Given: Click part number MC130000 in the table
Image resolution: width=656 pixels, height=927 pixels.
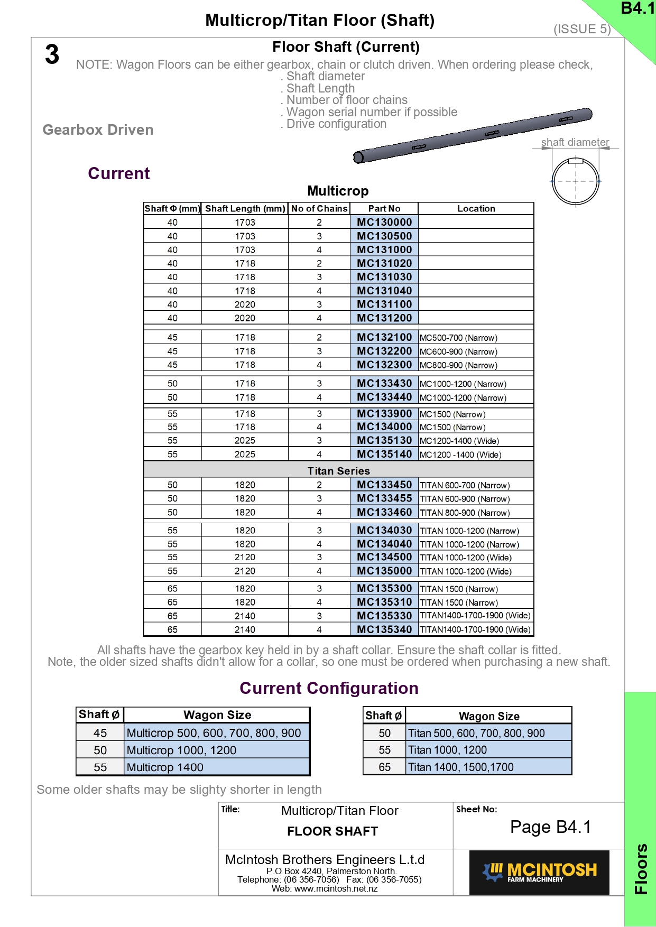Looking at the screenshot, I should coord(384,223).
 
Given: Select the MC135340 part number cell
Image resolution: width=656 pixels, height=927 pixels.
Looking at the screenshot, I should coord(384,629).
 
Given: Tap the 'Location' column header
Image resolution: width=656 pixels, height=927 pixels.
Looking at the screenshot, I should coord(476,209).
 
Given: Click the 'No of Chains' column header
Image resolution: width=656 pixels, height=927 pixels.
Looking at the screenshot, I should coord(319,209).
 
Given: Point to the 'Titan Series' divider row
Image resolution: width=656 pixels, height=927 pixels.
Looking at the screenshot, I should coord(338,470).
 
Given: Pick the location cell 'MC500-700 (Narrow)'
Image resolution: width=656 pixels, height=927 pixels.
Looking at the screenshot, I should coord(458,338).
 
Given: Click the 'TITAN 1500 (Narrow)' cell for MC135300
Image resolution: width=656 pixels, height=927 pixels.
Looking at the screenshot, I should coord(458,589).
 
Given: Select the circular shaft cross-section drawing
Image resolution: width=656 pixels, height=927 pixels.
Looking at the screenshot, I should coord(576,181).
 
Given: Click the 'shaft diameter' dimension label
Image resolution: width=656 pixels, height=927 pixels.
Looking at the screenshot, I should coord(575,142).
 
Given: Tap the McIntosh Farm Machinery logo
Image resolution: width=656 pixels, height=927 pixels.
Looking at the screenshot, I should coord(539,872).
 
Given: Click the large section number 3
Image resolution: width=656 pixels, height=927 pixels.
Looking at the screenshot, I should coord(52,55).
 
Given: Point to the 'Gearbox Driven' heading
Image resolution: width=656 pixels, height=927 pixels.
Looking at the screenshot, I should coord(98,130).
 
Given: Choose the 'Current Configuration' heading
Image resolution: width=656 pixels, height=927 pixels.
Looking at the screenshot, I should coord(329,688).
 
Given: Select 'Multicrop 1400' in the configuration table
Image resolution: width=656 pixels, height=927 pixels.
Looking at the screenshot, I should coord(165,767).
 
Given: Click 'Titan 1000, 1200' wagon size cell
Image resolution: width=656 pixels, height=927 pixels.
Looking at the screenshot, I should coord(447,750).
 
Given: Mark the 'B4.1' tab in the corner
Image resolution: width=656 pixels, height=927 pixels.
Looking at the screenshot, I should coord(637,8).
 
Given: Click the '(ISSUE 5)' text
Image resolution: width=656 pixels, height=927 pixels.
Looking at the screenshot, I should coord(582,29).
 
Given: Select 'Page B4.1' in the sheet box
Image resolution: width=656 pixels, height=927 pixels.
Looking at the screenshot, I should coord(550,827).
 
